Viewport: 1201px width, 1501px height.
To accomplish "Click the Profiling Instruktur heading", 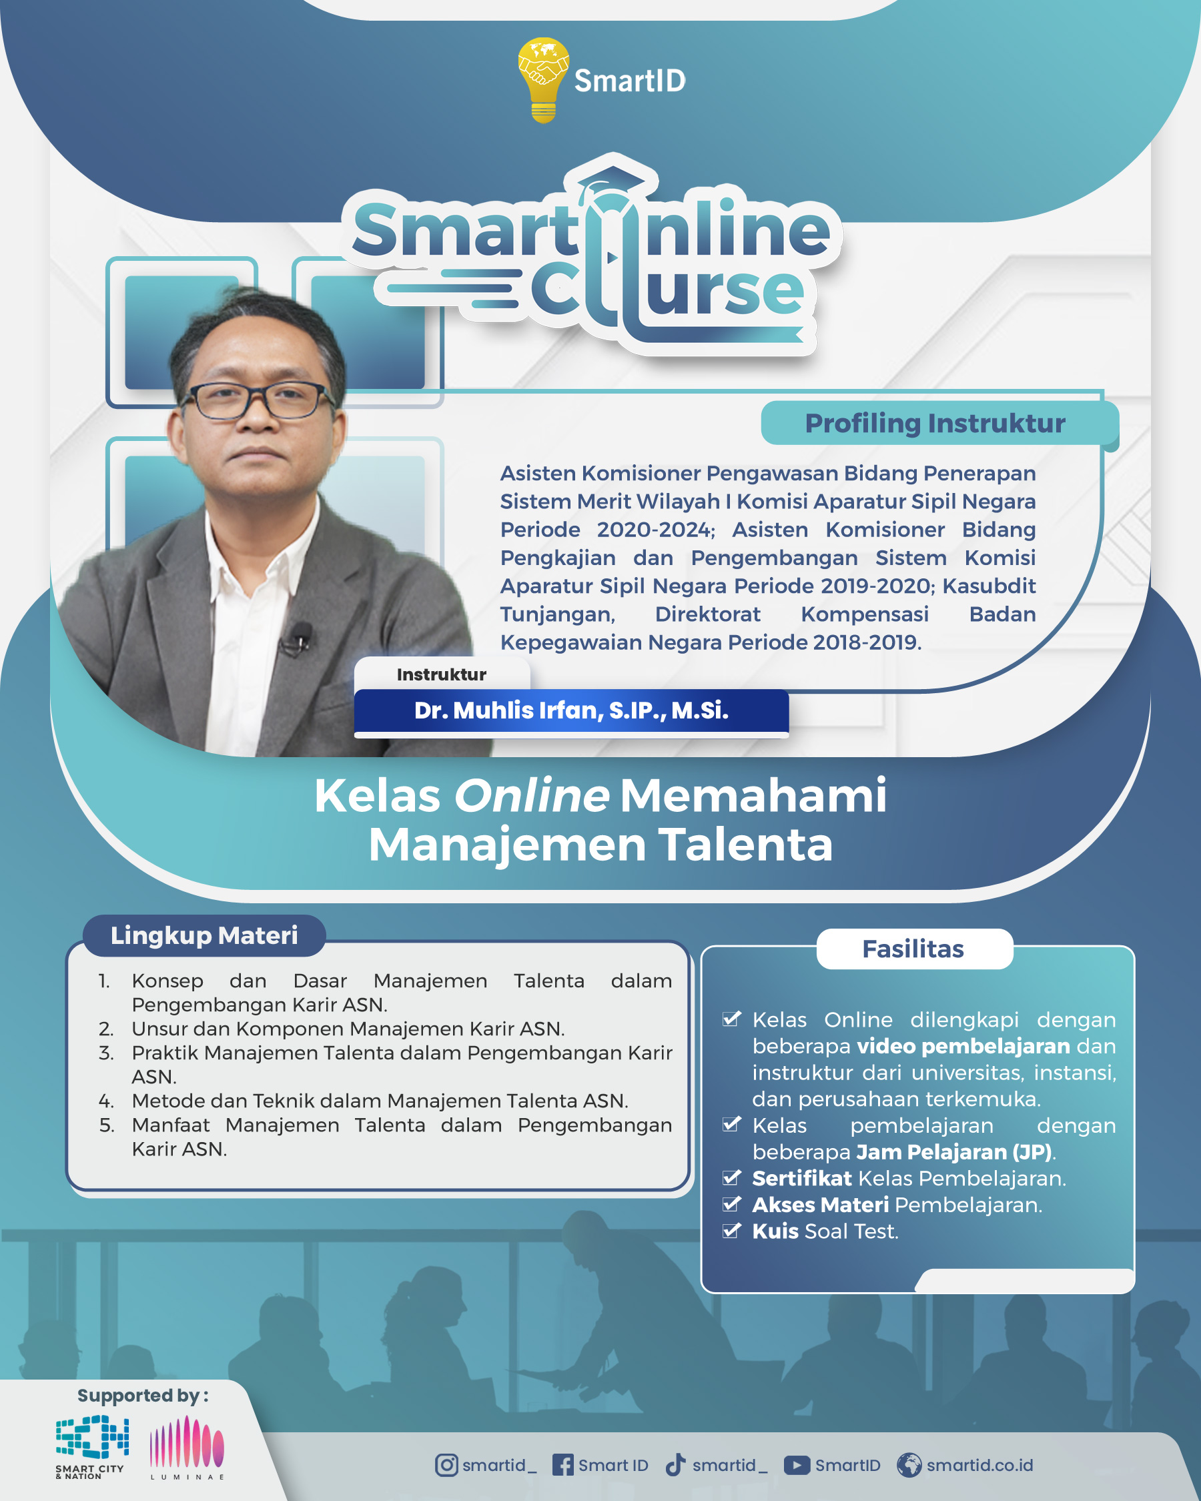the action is point(935,424).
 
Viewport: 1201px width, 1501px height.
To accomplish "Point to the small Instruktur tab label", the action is point(442,674).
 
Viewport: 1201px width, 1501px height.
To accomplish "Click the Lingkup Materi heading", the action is point(204,935).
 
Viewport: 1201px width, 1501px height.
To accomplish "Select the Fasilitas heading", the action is point(913,949).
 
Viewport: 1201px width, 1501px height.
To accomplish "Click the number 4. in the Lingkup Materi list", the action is point(106,1101).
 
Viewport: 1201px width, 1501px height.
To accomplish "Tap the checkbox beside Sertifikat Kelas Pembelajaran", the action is point(732,1177).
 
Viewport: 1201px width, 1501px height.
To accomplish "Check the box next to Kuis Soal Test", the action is point(732,1230).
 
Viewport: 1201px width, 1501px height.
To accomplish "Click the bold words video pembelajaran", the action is point(963,1047).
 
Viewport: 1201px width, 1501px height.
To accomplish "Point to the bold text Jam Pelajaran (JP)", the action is point(954,1152).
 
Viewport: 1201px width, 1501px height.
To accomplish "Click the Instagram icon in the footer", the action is point(446,1465).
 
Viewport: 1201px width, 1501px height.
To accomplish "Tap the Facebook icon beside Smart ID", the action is point(562,1465).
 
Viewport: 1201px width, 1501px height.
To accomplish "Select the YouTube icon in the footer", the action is point(797,1465).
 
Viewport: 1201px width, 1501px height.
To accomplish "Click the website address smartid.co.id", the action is point(979,1465).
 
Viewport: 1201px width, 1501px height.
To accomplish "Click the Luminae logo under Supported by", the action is point(187,1448).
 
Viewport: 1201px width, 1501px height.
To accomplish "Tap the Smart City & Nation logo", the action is point(91,1447).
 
